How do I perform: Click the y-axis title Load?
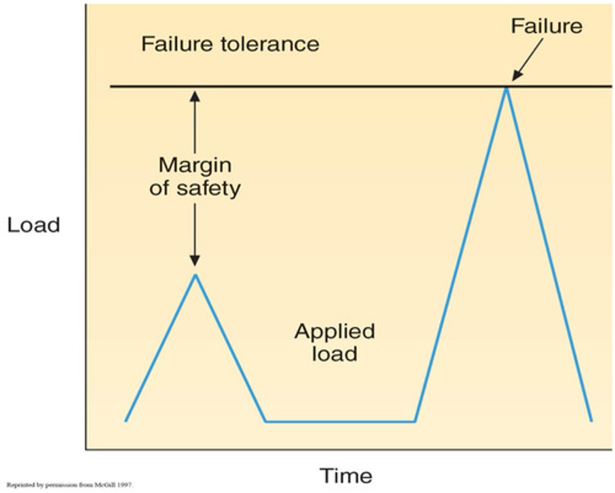click(x=33, y=225)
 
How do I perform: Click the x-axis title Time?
click(x=346, y=476)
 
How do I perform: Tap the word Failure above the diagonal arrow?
click(x=546, y=26)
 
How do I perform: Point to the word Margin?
click(x=195, y=165)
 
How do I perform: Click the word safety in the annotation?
click(x=209, y=188)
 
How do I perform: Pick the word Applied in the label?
click(x=334, y=332)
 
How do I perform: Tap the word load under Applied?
click(x=334, y=354)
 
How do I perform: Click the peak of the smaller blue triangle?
click(x=196, y=275)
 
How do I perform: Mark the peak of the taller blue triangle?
click(x=506, y=88)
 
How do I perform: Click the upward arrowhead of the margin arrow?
click(x=195, y=96)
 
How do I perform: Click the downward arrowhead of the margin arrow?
click(x=195, y=260)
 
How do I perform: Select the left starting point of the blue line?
click(x=126, y=421)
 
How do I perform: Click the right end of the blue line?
click(x=592, y=421)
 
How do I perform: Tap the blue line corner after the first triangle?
click(x=266, y=422)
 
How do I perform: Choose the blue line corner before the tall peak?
click(x=415, y=422)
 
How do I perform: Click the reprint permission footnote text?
click(x=70, y=485)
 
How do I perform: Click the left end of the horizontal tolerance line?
click(x=111, y=87)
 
